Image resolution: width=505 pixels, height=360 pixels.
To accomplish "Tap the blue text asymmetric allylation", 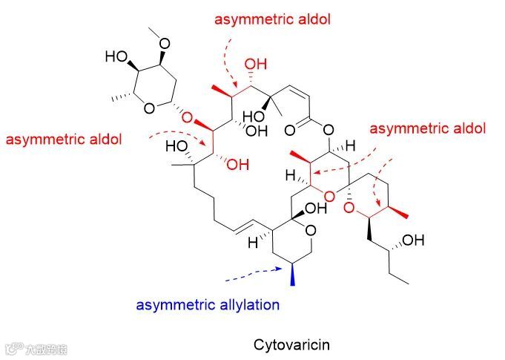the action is (207, 304).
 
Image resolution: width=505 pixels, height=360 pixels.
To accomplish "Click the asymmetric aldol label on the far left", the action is (63, 139).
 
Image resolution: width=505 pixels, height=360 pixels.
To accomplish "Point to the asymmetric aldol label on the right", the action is (427, 128).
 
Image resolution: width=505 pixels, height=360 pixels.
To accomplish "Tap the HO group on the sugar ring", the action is (116, 56).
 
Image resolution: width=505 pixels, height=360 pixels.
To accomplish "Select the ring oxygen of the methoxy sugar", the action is (150, 109).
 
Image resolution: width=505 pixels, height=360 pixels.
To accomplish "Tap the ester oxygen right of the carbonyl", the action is (329, 126).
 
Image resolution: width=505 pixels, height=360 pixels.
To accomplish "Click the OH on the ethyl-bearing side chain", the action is (414, 240).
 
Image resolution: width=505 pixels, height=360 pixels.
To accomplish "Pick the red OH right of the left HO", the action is (238, 165).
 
